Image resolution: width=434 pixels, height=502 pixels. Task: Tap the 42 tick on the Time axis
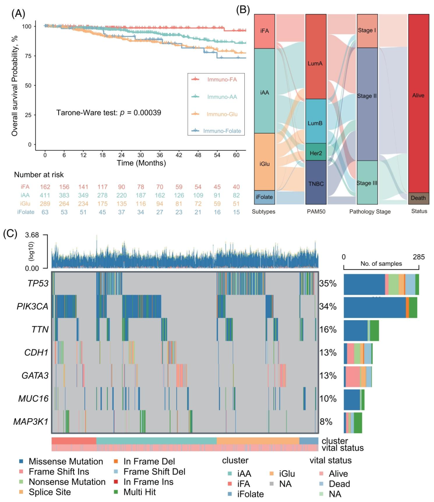pyautogui.click(x=179, y=155)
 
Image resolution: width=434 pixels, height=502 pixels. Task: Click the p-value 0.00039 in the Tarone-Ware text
pyautogui.click(x=147, y=113)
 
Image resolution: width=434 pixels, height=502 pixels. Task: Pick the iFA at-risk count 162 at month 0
pyautogui.click(x=45, y=187)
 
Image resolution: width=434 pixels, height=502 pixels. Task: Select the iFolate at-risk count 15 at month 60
pyautogui.click(x=236, y=212)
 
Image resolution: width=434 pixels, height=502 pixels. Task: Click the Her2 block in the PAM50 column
pyautogui.click(x=316, y=152)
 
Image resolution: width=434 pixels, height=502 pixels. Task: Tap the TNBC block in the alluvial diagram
pyautogui.click(x=316, y=182)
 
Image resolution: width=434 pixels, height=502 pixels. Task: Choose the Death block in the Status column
pyautogui.click(x=418, y=198)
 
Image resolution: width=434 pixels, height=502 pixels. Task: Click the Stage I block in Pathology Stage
pyautogui.click(x=367, y=31)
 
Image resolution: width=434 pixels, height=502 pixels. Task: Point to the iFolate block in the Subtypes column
pyautogui.click(x=264, y=197)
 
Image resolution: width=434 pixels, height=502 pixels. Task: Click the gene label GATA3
pyautogui.click(x=35, y=376)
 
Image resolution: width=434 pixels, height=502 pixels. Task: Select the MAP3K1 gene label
pyautogui.click(x=31, y=422)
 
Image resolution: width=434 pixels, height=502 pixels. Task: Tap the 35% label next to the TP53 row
pyautogui.click(x=328, y=284)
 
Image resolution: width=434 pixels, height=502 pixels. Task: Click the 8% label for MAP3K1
pyautogui.click(x=326, y=422)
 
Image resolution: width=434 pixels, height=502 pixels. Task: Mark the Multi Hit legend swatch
pyautogui.click(x=116, y=492)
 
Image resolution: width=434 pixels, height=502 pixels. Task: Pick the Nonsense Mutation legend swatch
pyautogui.click(x=21, y=482)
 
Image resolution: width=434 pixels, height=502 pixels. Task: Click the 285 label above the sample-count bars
pyautogui.click(x=419, y=257)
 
